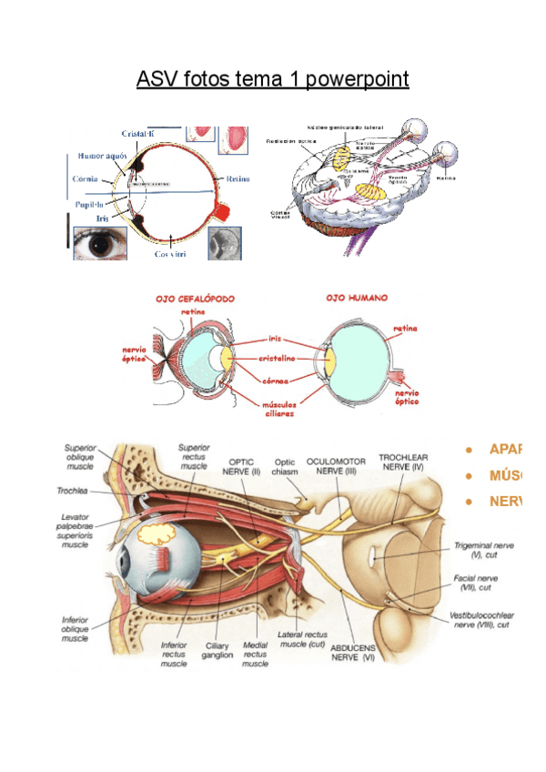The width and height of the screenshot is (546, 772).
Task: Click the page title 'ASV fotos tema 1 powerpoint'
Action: (x=272, y=80)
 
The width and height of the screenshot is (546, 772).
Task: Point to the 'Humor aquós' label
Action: (x=102, y=156)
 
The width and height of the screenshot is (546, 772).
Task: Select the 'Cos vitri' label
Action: (x=170, y=255)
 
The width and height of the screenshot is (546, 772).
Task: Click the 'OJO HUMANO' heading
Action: (x=356, y=298)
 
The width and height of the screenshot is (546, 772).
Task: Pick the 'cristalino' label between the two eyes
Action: (x=277, y=358)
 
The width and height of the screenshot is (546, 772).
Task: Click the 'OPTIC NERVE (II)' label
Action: (x=244, y=466)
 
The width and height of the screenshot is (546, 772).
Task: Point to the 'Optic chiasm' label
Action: (x=287, y=466)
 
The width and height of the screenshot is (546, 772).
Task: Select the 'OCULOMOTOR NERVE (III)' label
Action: (x=337, y=465)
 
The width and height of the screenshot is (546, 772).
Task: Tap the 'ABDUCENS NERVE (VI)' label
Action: (x=358, y=650)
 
